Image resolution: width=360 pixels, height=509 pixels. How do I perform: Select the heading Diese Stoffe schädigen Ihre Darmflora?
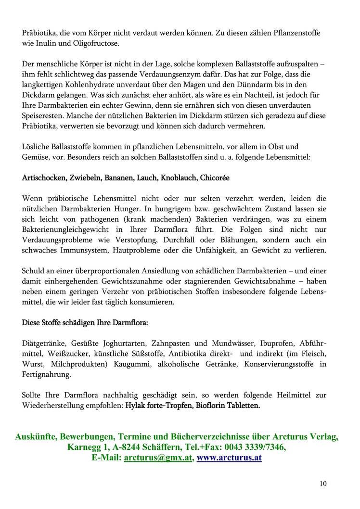[x=85, y=323]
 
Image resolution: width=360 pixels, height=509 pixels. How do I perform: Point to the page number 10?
[x=322, y=484]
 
